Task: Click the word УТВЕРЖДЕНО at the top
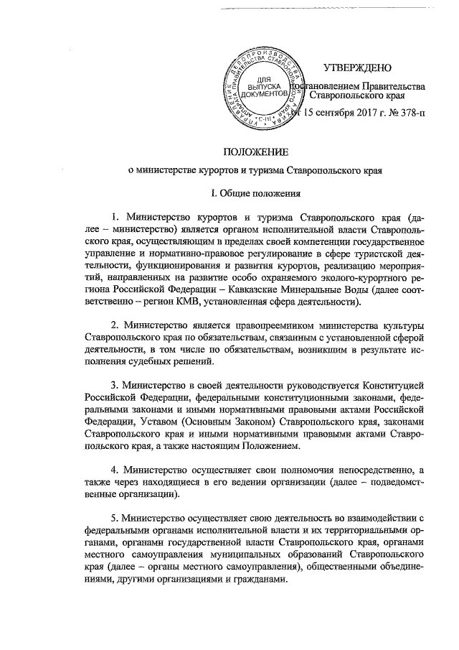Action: [356, 68]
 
